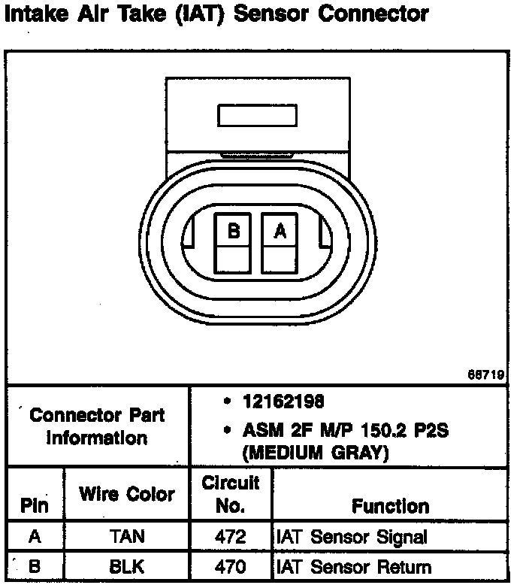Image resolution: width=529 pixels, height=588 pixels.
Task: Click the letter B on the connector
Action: click(234, 232)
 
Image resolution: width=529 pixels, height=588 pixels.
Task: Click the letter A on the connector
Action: click(280, 232)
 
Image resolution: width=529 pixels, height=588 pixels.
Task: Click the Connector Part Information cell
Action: click(97, 426)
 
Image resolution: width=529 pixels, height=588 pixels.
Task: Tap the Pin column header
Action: click(35, 506)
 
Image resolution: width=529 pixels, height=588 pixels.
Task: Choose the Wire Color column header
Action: click(126, 494)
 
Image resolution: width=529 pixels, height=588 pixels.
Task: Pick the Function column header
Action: click(390, 506)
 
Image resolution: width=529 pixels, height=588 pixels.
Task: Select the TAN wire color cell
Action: click(126, 537)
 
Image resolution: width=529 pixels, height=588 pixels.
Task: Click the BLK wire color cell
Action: click(126, 568)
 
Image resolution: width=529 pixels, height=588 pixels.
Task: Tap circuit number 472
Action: click(230, 537)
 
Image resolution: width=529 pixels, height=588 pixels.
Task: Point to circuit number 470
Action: click(230, 568)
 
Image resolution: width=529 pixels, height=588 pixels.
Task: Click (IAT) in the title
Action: click(198, 14)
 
